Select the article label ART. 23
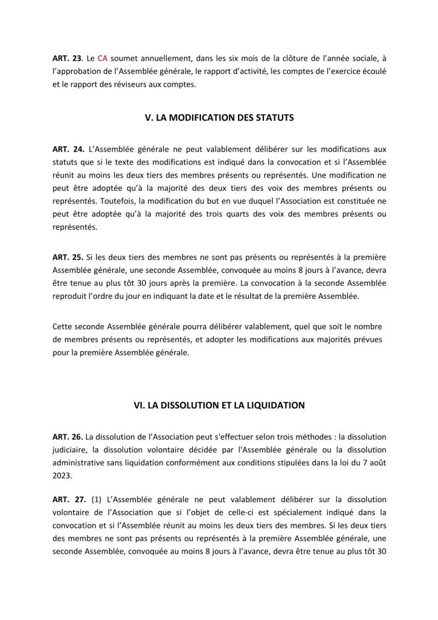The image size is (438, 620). point(67,57)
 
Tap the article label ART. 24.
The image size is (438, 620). point(68,149)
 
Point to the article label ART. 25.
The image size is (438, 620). point(68,257)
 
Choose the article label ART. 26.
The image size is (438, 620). point(67,436)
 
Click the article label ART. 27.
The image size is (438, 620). point(68,499)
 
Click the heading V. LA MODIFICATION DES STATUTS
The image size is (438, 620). point(219,117)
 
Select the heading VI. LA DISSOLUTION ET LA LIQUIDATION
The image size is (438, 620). point(219,406)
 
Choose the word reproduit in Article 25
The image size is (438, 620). point(72,296)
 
